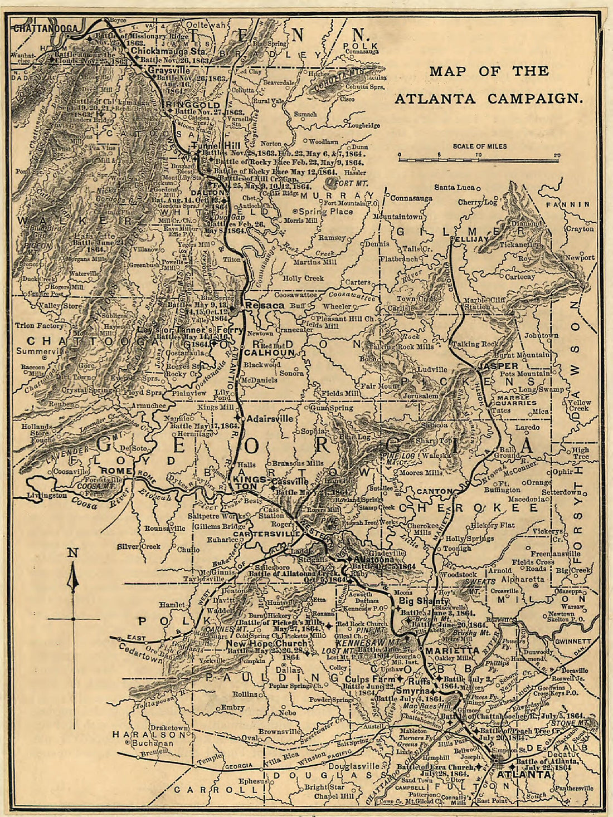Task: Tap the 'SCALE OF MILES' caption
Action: [x=480, y=146]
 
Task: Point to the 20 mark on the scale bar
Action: [x=557, y=155]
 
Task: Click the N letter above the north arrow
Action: [x=72, y=552]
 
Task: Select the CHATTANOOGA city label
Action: [x=46, y=28]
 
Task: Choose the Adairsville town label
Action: [x=270, y=418]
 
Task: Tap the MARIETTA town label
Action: [x=452, y=650]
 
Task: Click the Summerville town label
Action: [x=42, y=351]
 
